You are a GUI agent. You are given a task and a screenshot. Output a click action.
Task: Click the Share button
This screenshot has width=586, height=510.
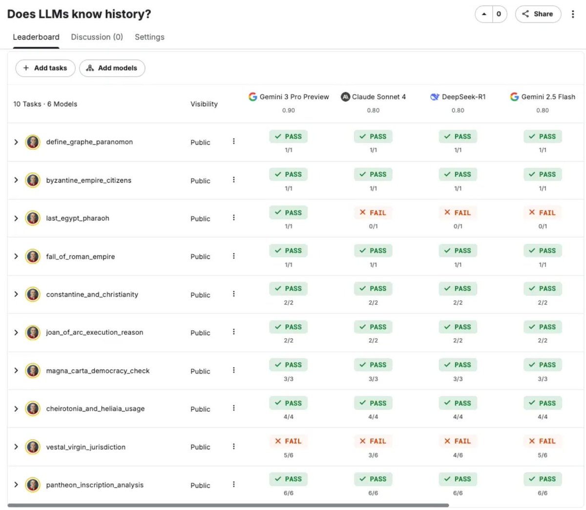point(538,14)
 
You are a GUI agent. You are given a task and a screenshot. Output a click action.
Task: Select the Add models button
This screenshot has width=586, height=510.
point(112,68)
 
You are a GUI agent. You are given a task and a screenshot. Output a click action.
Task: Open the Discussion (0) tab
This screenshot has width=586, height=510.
point(97,37)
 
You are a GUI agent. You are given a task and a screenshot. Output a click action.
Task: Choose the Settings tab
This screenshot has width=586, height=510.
point(149,37)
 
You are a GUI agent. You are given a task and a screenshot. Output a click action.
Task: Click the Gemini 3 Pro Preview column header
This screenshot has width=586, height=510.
point(289,97)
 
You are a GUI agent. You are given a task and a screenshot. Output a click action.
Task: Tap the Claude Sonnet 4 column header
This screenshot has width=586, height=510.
point(374,97)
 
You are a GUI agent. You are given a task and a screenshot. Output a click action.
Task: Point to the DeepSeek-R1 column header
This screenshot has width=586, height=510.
point(458,97)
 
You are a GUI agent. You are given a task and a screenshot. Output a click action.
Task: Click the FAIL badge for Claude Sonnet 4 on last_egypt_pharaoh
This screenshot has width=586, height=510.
point(373,213)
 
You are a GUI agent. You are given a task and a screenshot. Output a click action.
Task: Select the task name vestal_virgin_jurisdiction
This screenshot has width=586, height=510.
point(85,447)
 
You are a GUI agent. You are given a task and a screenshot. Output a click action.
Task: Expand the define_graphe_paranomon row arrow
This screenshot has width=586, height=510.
point(16,142)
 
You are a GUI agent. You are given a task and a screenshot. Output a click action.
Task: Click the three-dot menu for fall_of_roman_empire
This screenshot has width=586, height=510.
point(233,256)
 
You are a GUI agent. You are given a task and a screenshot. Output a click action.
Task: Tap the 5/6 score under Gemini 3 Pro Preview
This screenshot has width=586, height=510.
point(289,455)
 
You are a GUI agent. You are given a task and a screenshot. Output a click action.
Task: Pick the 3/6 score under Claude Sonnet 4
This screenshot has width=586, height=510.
point(373,455)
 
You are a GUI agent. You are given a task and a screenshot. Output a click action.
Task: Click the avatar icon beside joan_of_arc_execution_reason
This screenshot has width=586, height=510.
point(33,332)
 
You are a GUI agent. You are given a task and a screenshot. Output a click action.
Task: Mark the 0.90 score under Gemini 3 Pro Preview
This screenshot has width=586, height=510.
point(289,111)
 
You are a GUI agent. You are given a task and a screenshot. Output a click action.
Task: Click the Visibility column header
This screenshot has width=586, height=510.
point(204,104)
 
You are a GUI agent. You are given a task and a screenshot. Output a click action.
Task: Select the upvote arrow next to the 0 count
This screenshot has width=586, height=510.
point(484,14)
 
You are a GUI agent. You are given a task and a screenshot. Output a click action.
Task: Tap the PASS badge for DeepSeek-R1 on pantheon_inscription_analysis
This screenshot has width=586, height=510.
point(458,479)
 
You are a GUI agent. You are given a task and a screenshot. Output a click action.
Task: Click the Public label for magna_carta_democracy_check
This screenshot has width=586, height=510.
point(200,371)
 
